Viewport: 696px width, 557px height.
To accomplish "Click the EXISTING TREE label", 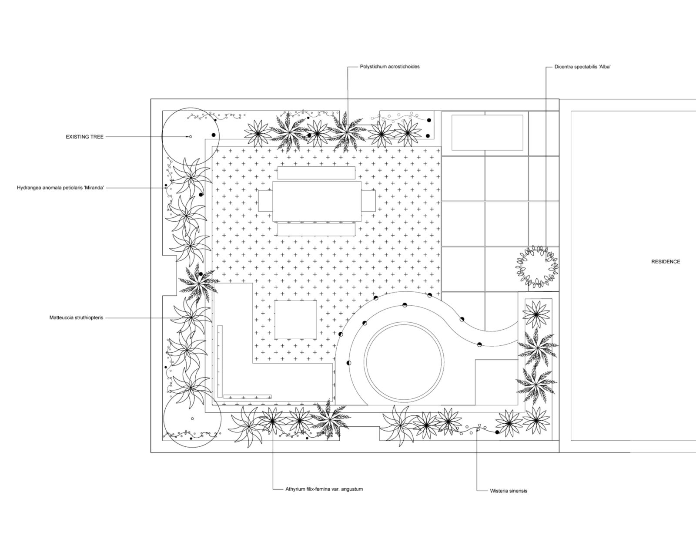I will point(85,137).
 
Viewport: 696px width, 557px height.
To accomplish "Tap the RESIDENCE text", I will point(666,262).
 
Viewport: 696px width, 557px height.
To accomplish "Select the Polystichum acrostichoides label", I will point(389,67).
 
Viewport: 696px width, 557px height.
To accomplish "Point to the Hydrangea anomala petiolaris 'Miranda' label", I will point(60,188).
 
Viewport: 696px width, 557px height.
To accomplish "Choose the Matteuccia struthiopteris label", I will point(77,318).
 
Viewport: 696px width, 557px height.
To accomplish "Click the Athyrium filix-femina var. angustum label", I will point(324,489).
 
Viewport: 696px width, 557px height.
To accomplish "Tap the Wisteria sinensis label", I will point(509,491).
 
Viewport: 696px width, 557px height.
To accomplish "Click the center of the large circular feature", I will point(405,363).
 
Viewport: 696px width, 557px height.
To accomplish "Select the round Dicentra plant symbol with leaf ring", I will point(537,266).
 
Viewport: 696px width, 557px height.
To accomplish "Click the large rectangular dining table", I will point(317,201).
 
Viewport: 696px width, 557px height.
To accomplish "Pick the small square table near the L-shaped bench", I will point(296,320).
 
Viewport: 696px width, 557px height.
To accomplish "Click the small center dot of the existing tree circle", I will point(191,137).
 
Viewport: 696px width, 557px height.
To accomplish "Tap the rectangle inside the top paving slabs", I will point(487,132).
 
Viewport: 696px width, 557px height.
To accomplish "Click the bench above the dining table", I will point(317,173).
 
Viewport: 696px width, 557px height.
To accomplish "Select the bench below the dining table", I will point(317,230).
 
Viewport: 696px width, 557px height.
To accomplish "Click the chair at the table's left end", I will point(265,201).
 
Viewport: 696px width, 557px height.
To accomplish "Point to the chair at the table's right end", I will point(368,201).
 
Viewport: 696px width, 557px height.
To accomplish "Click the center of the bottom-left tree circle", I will point(192,419).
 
